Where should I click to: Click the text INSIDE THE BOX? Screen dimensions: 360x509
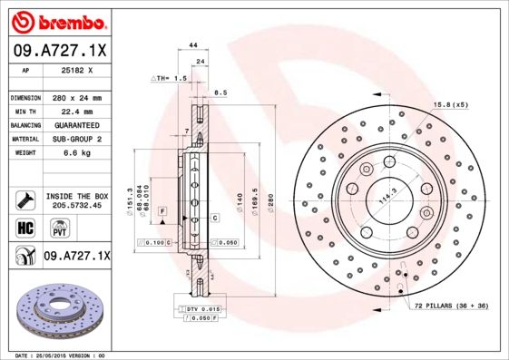76,196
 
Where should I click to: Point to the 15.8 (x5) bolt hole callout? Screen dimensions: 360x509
451,104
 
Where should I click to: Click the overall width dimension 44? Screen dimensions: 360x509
192,44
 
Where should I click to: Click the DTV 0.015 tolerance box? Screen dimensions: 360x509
201,309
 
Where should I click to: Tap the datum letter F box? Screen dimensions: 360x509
162,210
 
